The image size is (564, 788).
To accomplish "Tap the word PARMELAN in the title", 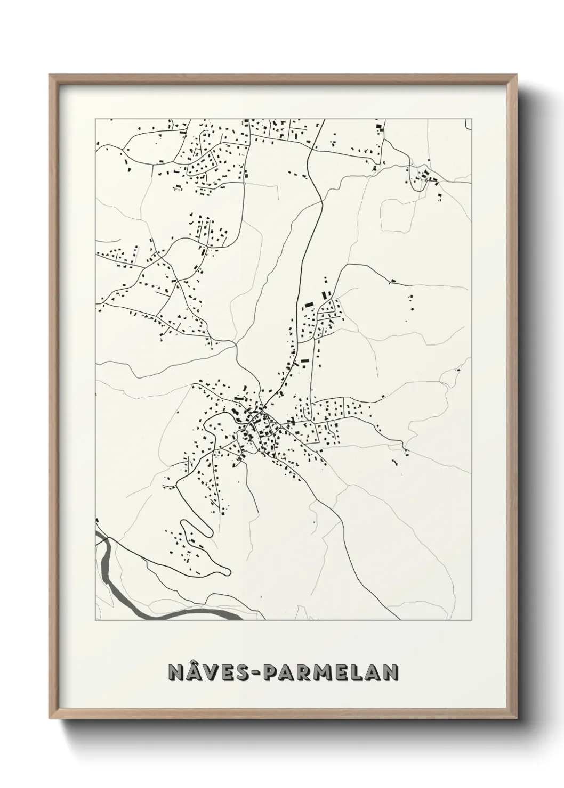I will (326, 672).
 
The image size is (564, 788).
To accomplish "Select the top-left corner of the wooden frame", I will (50, 75).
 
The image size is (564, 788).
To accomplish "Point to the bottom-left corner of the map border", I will (95, 621).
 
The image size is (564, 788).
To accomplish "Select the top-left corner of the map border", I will (95, 119).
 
